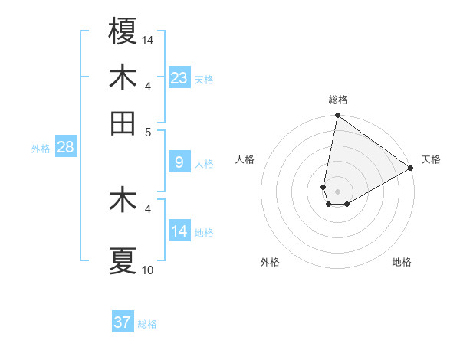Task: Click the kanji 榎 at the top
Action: [123, 31]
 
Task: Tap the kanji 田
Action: [123, 123]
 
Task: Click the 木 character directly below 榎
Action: [123, 77]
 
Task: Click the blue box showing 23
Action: [179, 77]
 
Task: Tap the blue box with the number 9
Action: [179, 162]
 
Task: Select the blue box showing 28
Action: [65, 147]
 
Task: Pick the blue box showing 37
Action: [123, 322]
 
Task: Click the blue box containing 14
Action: [179, 231]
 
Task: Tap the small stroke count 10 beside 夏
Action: [148, 270]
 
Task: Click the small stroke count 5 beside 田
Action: [149, 132]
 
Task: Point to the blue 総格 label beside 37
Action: [147, 324]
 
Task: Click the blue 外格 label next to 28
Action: [40, 149]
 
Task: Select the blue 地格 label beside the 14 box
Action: [204, 232]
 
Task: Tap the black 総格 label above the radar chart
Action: [338, 100]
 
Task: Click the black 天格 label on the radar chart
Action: [431, 159]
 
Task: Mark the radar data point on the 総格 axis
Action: [337, 116]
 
